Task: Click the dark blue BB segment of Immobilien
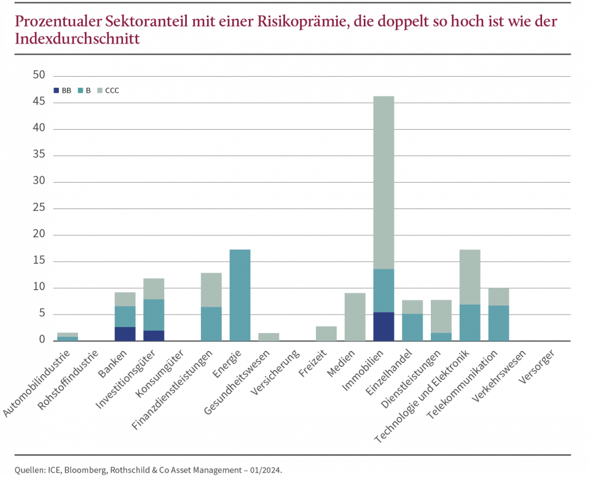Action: pyautogui.click(x=383, y=326)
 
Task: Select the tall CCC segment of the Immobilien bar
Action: pyautogui.click(x=383, y=182)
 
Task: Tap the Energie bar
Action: pyautogui.click(x=240, y=294)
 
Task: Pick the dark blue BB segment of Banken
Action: pyautogui.click(x=125, y=334)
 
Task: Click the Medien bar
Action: pyautogui.click(x=355, y=317)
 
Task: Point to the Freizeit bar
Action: pyautogui.click(x=326, y=333)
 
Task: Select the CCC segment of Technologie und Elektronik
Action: pyautogui.click(x=470, y=277)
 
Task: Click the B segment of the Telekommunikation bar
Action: pyautogui.click(x=498, y=323)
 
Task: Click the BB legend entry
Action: pyautogui.click(x=63, y=90)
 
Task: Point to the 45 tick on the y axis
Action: pyautogui.click(x=39, y=103)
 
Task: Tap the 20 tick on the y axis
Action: pyautogui.click(x=39, y=235)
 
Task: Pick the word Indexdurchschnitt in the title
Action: pyautogui.click(x=77, y=39)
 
